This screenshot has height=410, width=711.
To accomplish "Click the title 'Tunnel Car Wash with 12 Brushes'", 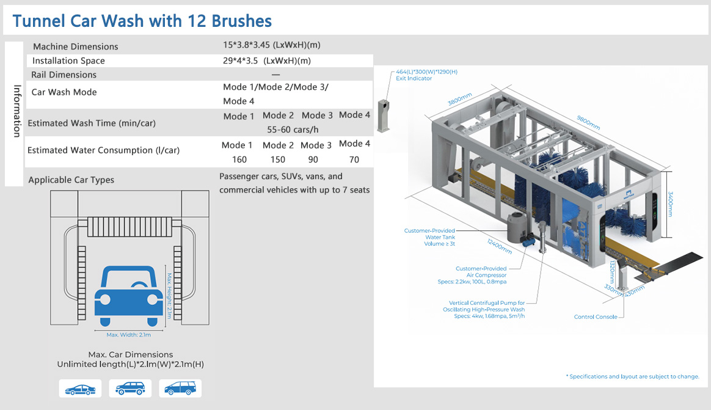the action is pyautogui.click(x=142, y=21).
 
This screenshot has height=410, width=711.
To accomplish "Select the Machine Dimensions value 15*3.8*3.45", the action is pyautogui.click(x=246, y=45).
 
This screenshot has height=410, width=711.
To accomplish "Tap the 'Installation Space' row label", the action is pyautogui.click(x=68, y=60).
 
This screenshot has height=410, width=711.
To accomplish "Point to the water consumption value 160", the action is pyautogui.click(x=239, y=159).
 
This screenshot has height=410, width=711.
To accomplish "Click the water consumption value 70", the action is pyautogui.click(x=354, y=159).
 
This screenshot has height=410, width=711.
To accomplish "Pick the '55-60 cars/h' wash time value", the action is pyautogui.click(x=293, y=130).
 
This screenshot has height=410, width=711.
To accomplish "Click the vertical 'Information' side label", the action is pyautogui.click(x=17, y=111).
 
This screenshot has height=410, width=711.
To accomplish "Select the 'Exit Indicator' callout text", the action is pyautogui.click(x=414, y=78).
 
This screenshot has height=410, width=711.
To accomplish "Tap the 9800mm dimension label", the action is pyautogui.click(x=589, y=122).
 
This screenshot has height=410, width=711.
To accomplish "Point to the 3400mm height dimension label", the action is pyautogui.click(x=671, y=203).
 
